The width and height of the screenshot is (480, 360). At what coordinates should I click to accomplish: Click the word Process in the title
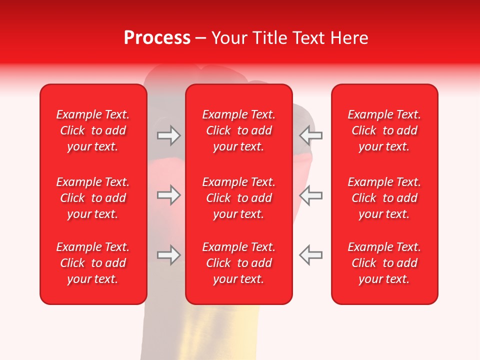157,38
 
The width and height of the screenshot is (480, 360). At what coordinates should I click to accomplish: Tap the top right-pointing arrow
168,135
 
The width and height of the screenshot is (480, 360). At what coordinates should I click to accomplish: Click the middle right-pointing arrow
168,195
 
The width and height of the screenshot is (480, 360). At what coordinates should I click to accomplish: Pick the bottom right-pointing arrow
168,255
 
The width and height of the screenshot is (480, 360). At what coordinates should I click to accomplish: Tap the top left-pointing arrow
311,135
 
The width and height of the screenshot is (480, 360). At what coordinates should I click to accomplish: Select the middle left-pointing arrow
311,195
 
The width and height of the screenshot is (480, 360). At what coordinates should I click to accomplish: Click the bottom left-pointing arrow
311,255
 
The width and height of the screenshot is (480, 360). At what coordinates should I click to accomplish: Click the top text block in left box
93,130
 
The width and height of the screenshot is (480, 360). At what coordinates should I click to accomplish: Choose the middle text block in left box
93,198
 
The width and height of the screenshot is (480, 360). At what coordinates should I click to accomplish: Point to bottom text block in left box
93,263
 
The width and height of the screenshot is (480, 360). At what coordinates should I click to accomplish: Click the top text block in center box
239,130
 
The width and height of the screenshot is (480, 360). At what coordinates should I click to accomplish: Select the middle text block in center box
239,198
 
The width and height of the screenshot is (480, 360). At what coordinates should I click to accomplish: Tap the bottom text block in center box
239,263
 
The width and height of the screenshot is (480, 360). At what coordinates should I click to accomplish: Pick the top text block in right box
384,130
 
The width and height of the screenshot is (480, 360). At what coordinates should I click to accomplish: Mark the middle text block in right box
384,198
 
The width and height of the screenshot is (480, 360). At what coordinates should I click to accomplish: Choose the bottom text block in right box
384,263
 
